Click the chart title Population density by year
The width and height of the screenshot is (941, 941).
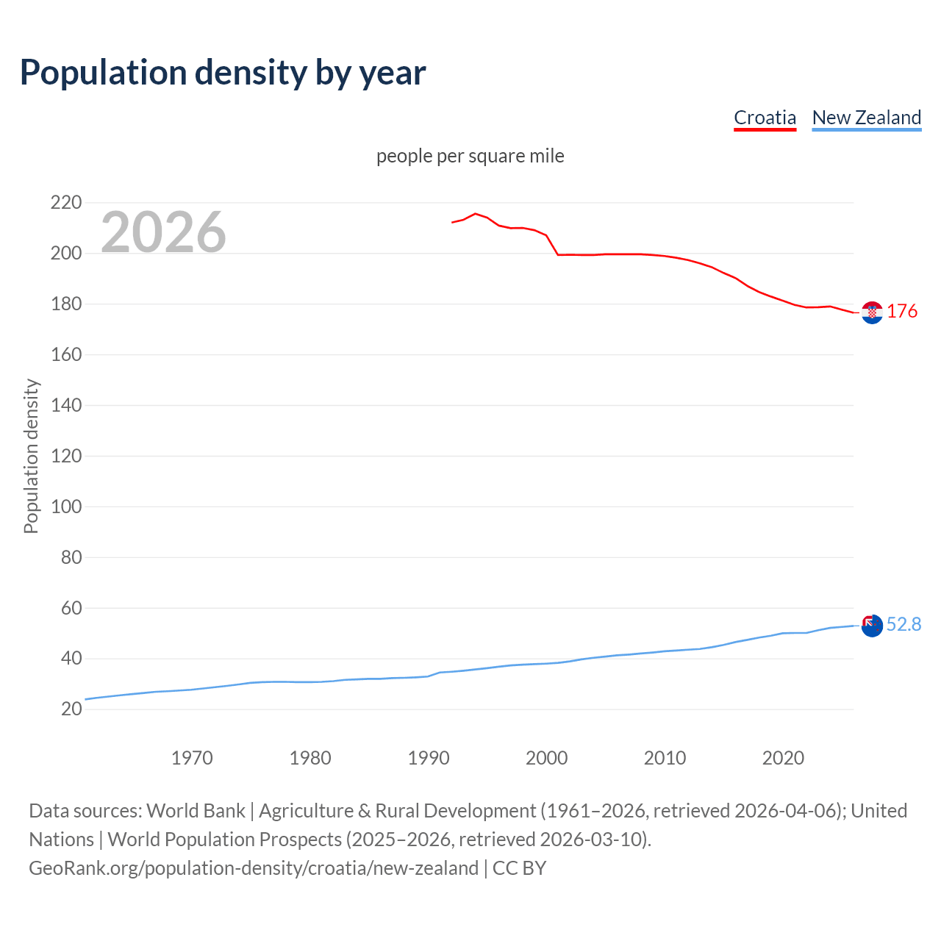point(223,73)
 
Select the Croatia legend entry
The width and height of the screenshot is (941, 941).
point(765,118)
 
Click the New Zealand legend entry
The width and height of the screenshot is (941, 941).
point(866,118)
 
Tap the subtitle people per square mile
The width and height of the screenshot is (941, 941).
point(470,156)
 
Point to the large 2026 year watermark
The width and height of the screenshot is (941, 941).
point(163,232)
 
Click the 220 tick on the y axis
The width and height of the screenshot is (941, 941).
point(65,202)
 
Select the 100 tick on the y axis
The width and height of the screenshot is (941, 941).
point(65,507)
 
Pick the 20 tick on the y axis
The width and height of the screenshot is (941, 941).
point(71,709)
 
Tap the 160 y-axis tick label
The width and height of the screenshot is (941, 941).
point(65,354)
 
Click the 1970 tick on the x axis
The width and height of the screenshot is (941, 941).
point(192,758)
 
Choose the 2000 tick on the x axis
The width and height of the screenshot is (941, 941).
point(546,758)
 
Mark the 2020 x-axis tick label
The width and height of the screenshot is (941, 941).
point(783,758)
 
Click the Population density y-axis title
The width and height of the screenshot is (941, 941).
point(31,456)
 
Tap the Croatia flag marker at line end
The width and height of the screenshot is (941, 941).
point(872,312)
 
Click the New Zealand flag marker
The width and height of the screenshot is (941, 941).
point(872,626)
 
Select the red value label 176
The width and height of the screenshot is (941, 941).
point(902,312)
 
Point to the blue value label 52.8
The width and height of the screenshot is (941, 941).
point(904,624)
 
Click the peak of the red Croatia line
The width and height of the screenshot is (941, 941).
point(475,214)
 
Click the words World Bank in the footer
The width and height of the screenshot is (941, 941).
point(196,811)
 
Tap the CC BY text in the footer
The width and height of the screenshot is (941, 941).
point(519,868)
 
